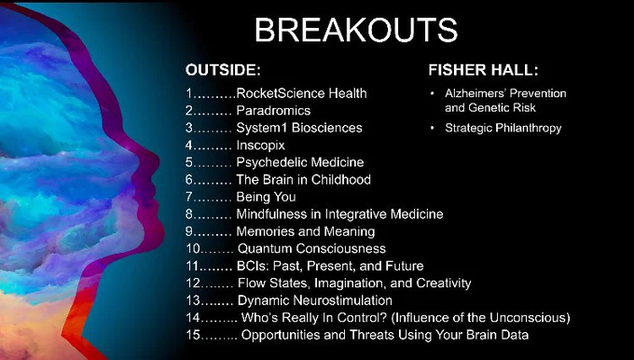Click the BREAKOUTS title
pos(356,31)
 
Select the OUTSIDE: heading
pos(223,70)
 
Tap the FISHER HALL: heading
pos(484,70)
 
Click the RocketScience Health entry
pos(302,93)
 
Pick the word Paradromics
pos(273,110)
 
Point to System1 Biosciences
pos(299,128)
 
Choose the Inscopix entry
pos(261,145)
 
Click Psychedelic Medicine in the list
pos(300,162)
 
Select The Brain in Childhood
pos(303,180)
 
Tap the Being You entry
pos(266,197)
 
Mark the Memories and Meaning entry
pos(306,231)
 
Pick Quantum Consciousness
pos(311,248)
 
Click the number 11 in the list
pos(193,266)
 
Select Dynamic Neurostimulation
pos(315,300)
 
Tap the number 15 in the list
pos(193,335)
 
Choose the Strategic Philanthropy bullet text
pos(503,128)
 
